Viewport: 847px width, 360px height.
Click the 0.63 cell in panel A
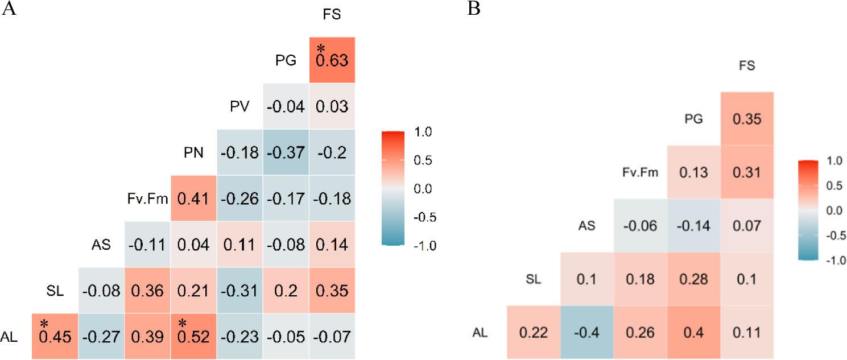(x=332, y=60)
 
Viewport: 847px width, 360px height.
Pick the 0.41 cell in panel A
(x=193, y=198)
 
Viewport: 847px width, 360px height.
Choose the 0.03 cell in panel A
(x=332, y=106)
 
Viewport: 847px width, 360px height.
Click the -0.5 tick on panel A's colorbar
(x=424, y=216)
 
